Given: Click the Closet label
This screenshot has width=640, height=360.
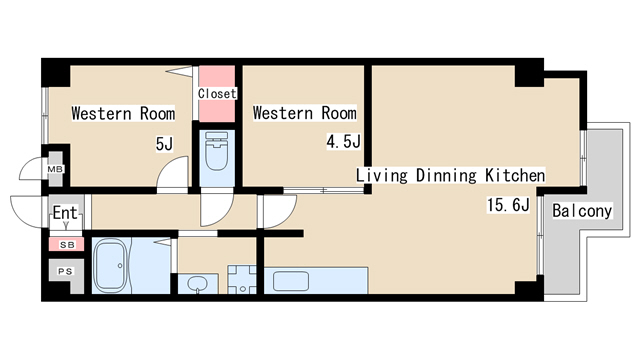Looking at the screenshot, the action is (217, 93).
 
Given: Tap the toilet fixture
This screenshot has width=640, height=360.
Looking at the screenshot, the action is (217, 151).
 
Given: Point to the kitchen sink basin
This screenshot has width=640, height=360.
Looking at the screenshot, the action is (291, 281).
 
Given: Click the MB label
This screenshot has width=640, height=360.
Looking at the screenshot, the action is (55, 169).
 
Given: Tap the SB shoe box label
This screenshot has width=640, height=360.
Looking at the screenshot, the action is (67, 245).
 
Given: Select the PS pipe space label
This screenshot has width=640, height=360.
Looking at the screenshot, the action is (65, 271).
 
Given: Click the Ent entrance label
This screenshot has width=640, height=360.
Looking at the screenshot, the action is (65, 213).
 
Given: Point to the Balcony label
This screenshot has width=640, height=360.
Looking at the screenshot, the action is (582, 211).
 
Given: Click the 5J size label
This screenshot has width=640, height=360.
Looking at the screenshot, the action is (164, 144).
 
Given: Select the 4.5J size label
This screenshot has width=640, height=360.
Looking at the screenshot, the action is (343, 142).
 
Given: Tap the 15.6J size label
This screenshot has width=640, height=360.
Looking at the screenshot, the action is (508, 204).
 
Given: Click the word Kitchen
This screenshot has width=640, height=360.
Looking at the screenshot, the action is (515, 176).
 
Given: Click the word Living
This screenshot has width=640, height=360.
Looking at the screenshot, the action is (382, 176).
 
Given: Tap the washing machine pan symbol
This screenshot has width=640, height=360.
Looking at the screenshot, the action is (242, 280).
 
